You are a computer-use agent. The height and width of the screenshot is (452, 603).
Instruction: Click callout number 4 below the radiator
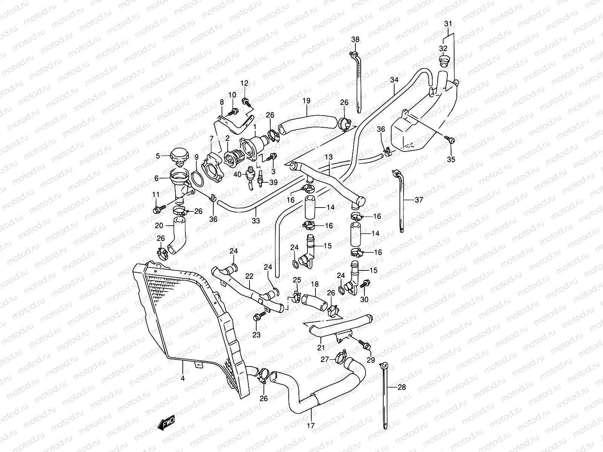(x=183, y=379)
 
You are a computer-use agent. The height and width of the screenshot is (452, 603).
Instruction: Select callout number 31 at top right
(x=448, y=24)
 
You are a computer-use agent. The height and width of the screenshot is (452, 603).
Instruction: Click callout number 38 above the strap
(x=355, y=40)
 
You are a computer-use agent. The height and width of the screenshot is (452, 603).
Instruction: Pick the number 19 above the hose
(x=306, y=101)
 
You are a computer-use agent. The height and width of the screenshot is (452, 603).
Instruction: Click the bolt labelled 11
(x=158, y=209)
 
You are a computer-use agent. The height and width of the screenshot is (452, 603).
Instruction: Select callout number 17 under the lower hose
(x=311, y=426)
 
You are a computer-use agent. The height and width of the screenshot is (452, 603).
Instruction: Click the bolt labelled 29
(x=366, y=345)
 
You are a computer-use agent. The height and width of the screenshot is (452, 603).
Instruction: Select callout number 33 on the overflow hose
(x=256, y=221)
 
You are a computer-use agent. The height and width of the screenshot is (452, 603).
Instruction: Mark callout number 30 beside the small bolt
(x=364, y=300)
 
